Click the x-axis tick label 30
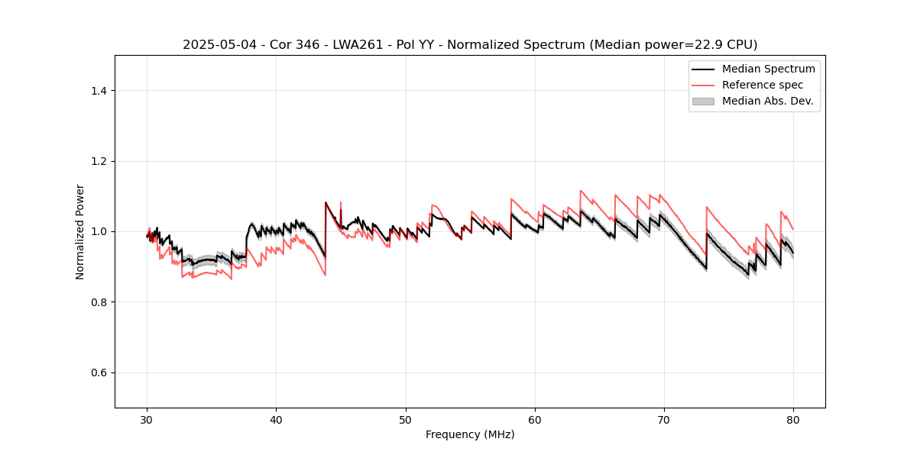tap(147, 420)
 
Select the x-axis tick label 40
tap(277, 420)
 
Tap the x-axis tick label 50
tap(406, 420)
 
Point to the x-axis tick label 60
tap(535, 420)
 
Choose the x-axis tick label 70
tap(664, 420)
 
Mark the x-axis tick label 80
tap(793, 420)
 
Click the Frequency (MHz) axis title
tap(470, 434)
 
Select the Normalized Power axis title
tap(80, 231)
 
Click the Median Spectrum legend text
tap(768, 69)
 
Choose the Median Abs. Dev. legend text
tap(767, 101)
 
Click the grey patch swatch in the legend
tap(703, 101)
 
